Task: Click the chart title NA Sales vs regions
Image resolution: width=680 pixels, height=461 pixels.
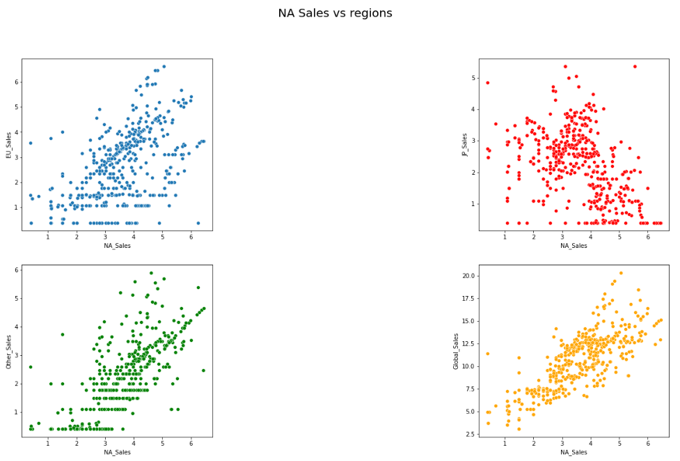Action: tap(335, 13)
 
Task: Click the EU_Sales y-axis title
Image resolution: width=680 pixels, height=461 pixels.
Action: tap(10, 145)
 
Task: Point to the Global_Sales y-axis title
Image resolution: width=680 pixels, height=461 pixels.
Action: tap(457, 351)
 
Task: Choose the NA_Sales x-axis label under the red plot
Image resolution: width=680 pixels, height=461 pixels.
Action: tap(574, 246)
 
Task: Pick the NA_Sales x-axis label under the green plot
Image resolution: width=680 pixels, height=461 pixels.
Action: tap(117, 452)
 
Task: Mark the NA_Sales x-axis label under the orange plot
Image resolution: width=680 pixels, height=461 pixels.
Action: tap(574, 452)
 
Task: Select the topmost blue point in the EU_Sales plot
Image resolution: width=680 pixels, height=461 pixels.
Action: tap(164, 67)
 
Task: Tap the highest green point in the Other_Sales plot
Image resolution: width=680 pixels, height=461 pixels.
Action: tap(151, 273)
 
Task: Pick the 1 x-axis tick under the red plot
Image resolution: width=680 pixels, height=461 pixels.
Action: tap(505, 237)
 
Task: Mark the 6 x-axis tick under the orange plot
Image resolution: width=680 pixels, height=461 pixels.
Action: tap(647, 443)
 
